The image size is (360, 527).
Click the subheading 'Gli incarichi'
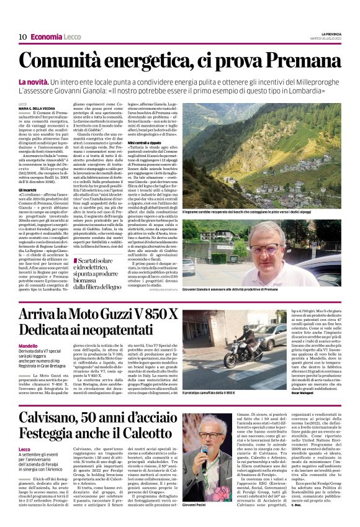coord(29,189)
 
